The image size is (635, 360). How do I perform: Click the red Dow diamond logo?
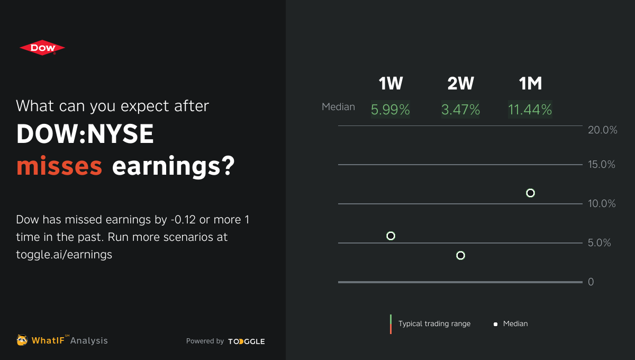pyautogui.click(x=42, y=48)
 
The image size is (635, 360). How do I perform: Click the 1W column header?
pyautogui.click(x=391, y=83)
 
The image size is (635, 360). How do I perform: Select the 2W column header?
pyautogui.click(x=460, y=83)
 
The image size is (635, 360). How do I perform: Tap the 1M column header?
pyautogui.click(x=530, y=83)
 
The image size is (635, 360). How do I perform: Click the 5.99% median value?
pyautogui.click(x=391, y=110)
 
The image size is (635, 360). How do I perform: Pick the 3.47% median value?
pyautogui.click(x=460, y=110)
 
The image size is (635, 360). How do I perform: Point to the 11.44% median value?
pyautogui.click(x=530, y=110)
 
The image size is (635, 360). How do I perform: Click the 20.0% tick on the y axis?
pyautogui.click(x=603, y=130)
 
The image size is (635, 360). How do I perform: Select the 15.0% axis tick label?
pyautogui.click(x=603, y=165)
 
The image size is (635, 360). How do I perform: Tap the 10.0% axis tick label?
pyautogui.click(x=603, y=204)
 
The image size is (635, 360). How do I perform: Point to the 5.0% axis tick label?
pyautogui.click(x=600, y=243)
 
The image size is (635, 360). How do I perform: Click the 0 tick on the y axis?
pyautogui.click(x=591, y=282)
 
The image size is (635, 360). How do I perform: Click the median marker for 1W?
pyautogui.click(x=391, y=236)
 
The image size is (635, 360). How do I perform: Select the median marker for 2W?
pyautogui.click(x=460, y=256)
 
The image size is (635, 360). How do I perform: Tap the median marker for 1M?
pyautogui.click(x=530, y=193)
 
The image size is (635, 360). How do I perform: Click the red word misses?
pyautogui.click(x=59, y=167)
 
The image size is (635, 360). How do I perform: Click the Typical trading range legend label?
pyautogui.click(x=434, y=323)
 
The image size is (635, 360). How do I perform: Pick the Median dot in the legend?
pyautogui.click(x=495, y=324)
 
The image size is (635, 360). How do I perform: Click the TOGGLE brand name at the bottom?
pyautogui.click(x=247, y=341)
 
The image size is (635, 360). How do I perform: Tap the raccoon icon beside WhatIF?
pyautogui.click(x=22, y=340)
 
